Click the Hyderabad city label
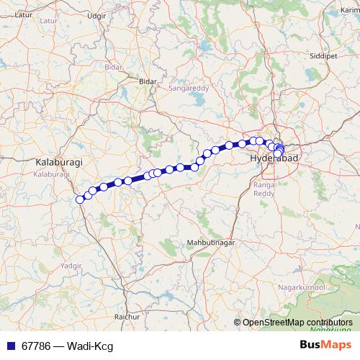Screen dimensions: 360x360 click(x=268, y=157)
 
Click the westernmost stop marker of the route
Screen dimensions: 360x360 click(x=80, y=199)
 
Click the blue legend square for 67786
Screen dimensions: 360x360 click(x=9, y=346)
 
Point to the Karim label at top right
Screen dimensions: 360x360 click(x=350, y=10)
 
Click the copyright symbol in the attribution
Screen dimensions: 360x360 click(x=237, y=322)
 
